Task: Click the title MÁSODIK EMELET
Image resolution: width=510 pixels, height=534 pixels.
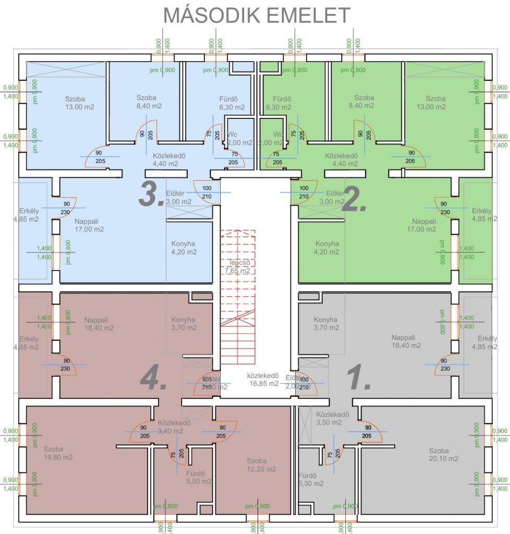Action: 257,15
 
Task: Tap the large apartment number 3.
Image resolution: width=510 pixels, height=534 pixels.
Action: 152,193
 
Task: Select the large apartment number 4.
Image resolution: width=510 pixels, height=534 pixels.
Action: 153,379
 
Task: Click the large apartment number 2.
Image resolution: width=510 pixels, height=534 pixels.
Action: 354,199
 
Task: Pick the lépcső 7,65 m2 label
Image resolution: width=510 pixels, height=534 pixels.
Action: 237,266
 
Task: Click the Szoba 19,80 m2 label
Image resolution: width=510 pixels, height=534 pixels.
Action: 58,453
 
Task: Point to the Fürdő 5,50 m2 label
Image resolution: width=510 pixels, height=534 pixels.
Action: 199,477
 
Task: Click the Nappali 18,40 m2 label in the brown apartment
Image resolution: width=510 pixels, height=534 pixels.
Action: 99,324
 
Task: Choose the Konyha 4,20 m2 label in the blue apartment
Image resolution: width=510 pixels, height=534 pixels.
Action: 184,248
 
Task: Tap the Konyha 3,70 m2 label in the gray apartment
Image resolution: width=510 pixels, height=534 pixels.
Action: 326,324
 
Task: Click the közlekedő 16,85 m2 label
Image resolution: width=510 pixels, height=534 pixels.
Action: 263,379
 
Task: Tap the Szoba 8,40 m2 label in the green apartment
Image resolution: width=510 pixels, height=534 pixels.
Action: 364,102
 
